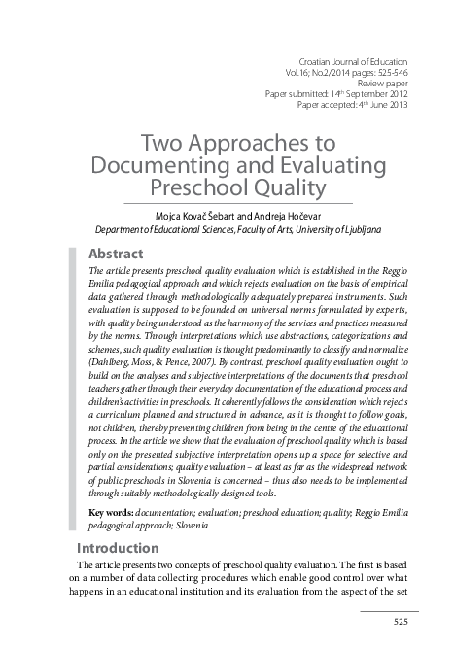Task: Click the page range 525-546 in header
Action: click(x=386, y=73)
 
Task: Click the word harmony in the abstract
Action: click(x=220, y=317)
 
